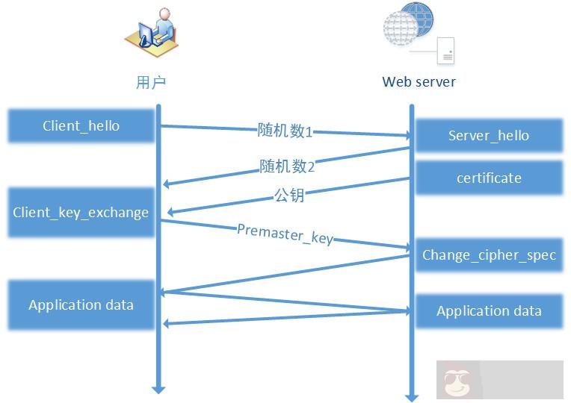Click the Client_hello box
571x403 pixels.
[x=81, y=126]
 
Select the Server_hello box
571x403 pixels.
[x=489, y=136]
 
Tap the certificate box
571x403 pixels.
[x=489, y=178]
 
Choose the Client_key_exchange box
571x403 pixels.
[x=81, y=213]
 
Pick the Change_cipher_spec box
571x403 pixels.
[x=489, y=255]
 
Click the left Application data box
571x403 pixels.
[x=81, y=305]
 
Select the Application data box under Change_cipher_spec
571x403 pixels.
[x=489, y=311]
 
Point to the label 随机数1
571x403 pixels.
[x=285, y=131]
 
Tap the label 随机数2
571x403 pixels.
[x=287, y=166]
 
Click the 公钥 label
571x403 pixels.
[x=289, y=196]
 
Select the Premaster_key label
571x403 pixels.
[x=285, y=234]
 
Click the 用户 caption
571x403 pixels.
[x=150, y=82]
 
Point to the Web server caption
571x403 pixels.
[x=419, y=82]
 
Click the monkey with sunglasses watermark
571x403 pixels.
[x=457, y=381]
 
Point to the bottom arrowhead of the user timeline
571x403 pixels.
[x=158, y=388]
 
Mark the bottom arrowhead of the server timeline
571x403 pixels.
[x=411, y=396]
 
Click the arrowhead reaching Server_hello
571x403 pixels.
[x=407, y=136]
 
